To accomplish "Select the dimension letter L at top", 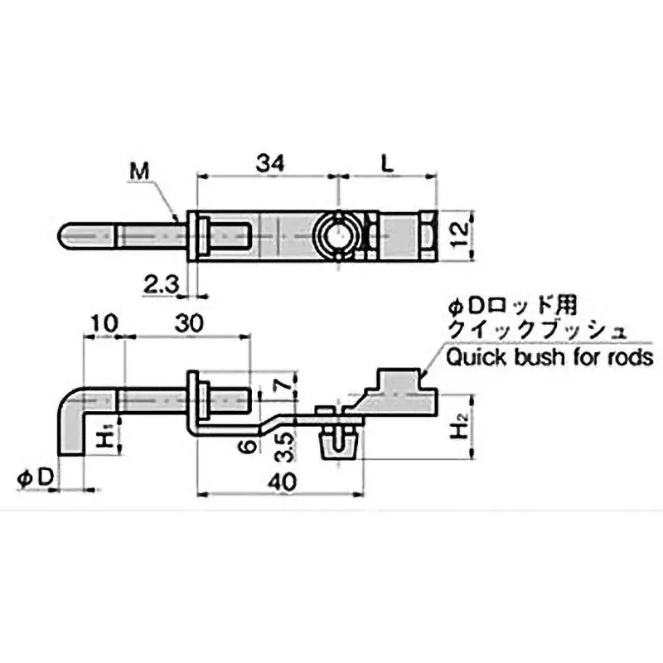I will pyautogui.click(x=388, y=164).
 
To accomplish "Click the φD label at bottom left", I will pyautogui.click(x=36, y=477).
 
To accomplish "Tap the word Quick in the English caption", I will pyautogui.click(x=473, y=357).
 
